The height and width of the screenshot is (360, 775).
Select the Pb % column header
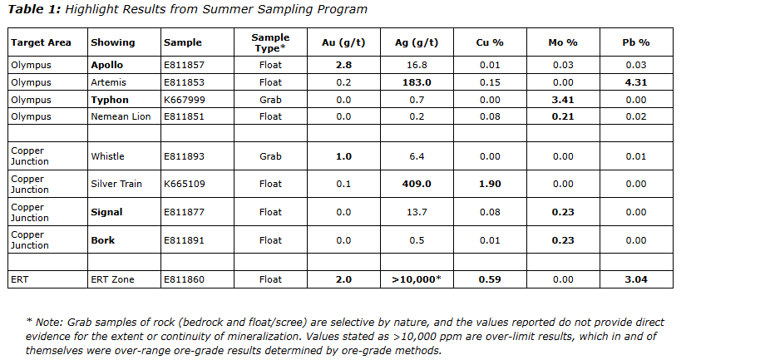(636, 42)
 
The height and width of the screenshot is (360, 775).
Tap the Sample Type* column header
(271, 42)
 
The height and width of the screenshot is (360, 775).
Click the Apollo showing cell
(106, 65)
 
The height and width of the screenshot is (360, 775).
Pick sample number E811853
(184, 82)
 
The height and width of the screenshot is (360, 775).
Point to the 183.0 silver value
(417, 82)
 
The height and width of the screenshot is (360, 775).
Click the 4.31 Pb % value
(636, 82)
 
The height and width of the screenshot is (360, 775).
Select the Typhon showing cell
(110, 100)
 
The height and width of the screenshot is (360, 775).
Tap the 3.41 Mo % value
(563, 100)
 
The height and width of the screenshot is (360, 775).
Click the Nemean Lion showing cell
(121, 116)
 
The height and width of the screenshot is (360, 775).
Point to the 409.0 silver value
(417, 184)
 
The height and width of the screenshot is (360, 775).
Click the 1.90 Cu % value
(490, 184)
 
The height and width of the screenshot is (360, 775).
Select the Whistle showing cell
(107, 155)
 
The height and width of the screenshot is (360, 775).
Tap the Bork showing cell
(103, 240)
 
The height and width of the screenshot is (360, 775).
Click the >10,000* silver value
(417, 279)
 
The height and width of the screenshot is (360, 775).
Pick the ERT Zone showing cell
(112, 279)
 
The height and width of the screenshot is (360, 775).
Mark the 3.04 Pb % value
(636, 279)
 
